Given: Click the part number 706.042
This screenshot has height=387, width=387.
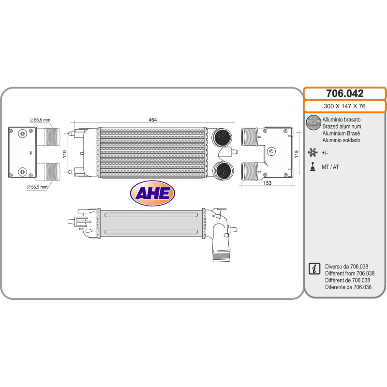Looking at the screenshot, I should pos(344,94).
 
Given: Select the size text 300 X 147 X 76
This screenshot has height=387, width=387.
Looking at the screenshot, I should pos(344,106).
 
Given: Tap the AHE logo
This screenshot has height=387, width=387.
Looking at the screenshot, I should pos(152,193).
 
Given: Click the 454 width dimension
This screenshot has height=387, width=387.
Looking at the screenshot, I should pos(152,119).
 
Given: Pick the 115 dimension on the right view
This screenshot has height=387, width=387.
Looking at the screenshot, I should pos(298,152).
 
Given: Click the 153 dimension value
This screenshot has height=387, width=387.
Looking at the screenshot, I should pos(268,183).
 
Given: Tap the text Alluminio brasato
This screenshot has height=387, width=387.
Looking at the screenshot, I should pos(341,119).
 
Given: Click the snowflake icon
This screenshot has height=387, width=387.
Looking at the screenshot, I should pos(313,153).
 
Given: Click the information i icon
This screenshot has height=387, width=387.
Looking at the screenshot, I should pos(314,268).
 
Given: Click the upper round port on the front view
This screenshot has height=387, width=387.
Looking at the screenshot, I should pos(223,137).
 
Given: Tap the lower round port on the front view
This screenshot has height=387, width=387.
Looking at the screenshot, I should pos(223,170).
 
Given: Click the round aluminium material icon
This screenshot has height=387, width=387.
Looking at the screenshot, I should pos(314,123).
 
